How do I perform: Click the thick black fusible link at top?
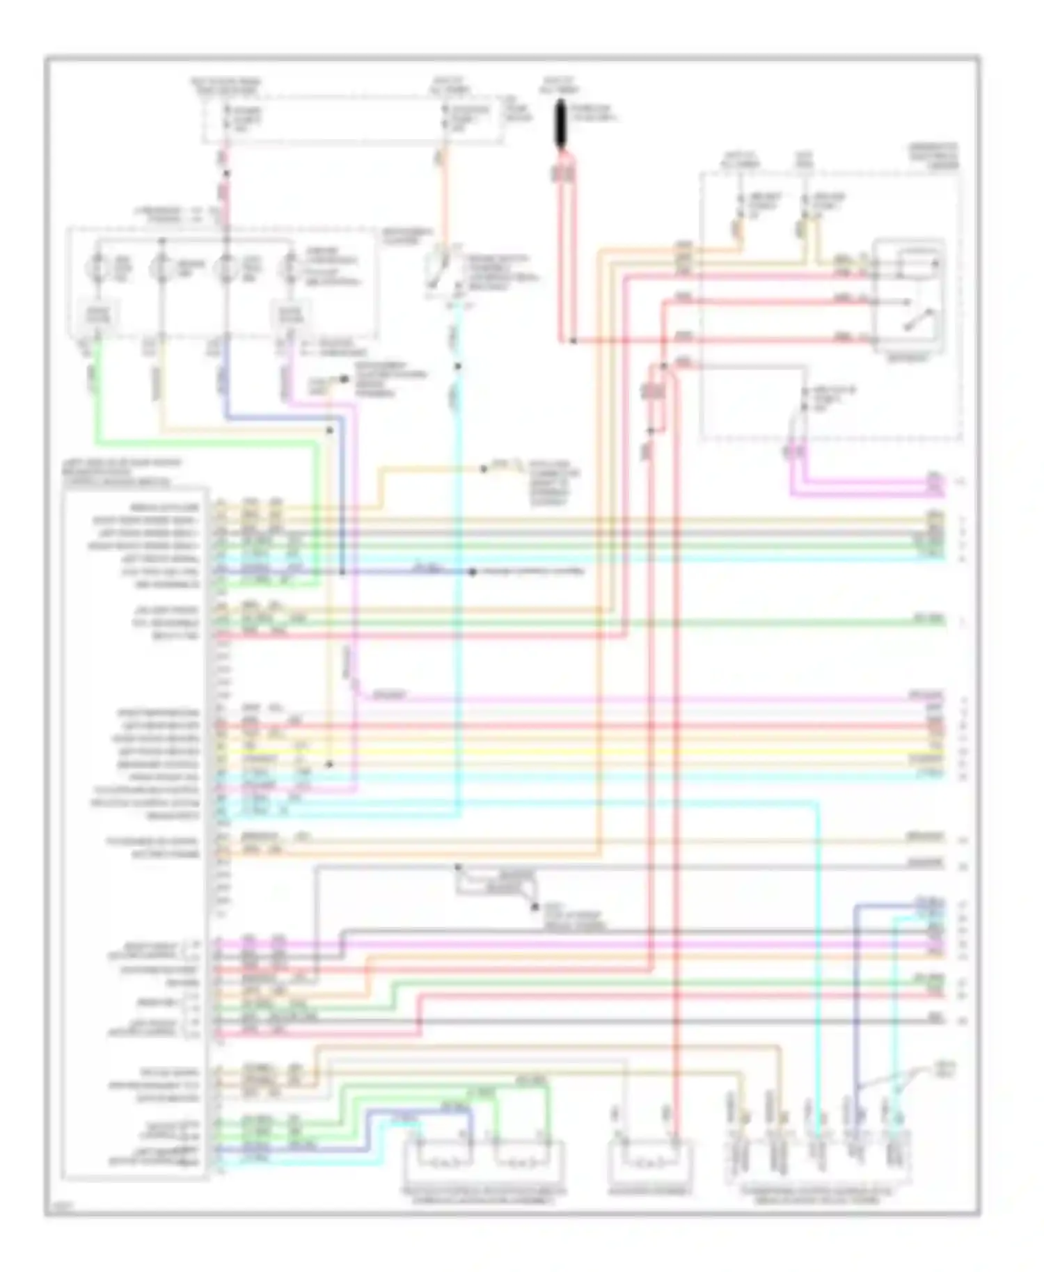(561, 126)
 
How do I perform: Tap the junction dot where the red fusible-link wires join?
(573, 341)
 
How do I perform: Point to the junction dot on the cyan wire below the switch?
(457, 367)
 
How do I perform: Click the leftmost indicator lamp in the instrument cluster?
(97, 269)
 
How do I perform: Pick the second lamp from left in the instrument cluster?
(161, 269)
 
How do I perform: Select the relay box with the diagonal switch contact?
(909, 297)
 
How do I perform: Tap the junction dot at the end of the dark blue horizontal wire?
(472, 572)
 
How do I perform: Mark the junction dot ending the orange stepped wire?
(483, 469)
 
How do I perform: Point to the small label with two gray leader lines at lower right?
(946, 1068)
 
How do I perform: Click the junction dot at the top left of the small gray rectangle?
(458, 867)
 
